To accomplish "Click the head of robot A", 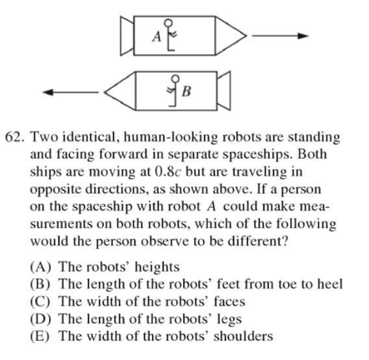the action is [168, 23].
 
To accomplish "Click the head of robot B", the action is [175, 79].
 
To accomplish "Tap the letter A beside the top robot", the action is [157, 37].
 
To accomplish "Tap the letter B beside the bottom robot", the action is [186, 92].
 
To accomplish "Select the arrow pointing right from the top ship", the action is [280, 36].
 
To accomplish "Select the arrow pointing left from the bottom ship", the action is [71, 92].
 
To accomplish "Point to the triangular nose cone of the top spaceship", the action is [231, 36].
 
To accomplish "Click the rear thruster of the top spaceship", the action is [127, 36].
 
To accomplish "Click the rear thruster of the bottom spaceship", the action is [223, 91].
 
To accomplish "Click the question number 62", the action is [14, 137].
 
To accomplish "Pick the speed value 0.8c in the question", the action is [168, 172].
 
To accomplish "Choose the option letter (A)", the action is [40, 267].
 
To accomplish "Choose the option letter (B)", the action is [40, 285].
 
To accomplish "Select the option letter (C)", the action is [40, 302].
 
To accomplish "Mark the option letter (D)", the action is [40, 319].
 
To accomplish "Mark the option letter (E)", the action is [40, 336].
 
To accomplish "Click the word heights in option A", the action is [157, 268].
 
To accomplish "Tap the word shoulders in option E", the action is [244, 336].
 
